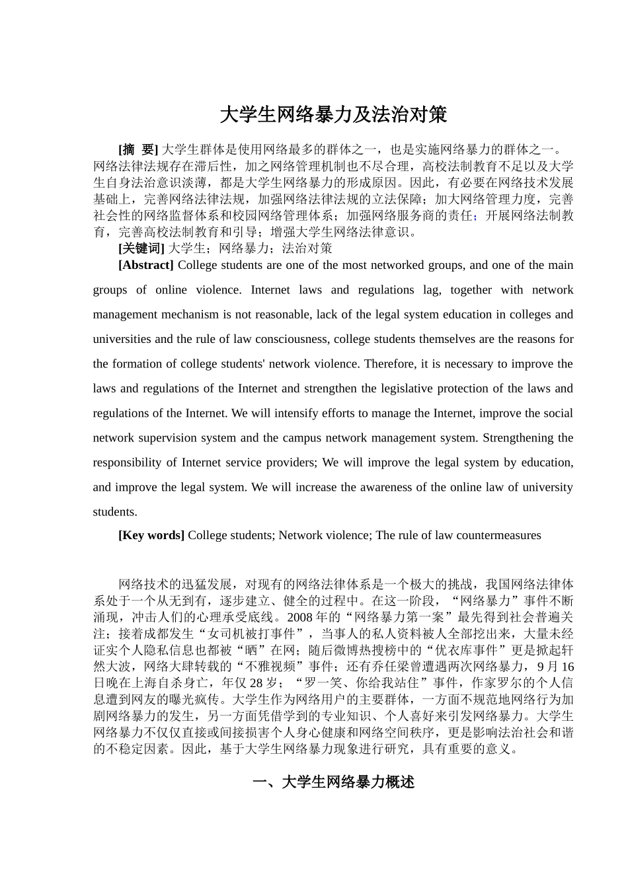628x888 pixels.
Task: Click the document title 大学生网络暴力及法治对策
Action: pyautogui.click(x=333, y=115)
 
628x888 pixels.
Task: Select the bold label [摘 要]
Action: pyautogui.click(x=138, y=149)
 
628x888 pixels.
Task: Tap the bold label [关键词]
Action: pyautogui.click(x=141, y=248)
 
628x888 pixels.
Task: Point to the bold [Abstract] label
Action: pyautogui.click(x=145, y=265)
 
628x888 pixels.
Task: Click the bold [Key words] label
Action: pyautogui.click(x=151, y=535)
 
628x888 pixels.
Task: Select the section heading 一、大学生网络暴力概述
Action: pyautogui.click(x=333, y=782)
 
